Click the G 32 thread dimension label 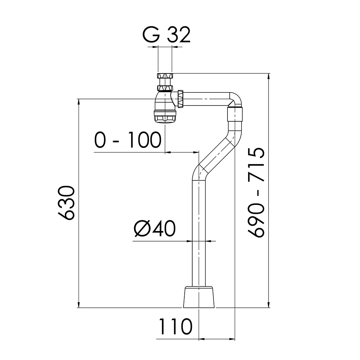166,35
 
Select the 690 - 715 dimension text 256,192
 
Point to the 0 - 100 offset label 128,140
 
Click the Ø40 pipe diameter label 154,229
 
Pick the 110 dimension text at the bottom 175,327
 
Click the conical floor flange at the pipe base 199,297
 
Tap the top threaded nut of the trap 165,76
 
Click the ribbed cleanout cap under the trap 165,117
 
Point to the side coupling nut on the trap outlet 180,99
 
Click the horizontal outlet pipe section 206,99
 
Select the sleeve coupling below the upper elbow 235,114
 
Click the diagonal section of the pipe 217,155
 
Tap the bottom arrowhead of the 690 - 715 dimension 269,305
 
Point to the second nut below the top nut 165,88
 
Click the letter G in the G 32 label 151,35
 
